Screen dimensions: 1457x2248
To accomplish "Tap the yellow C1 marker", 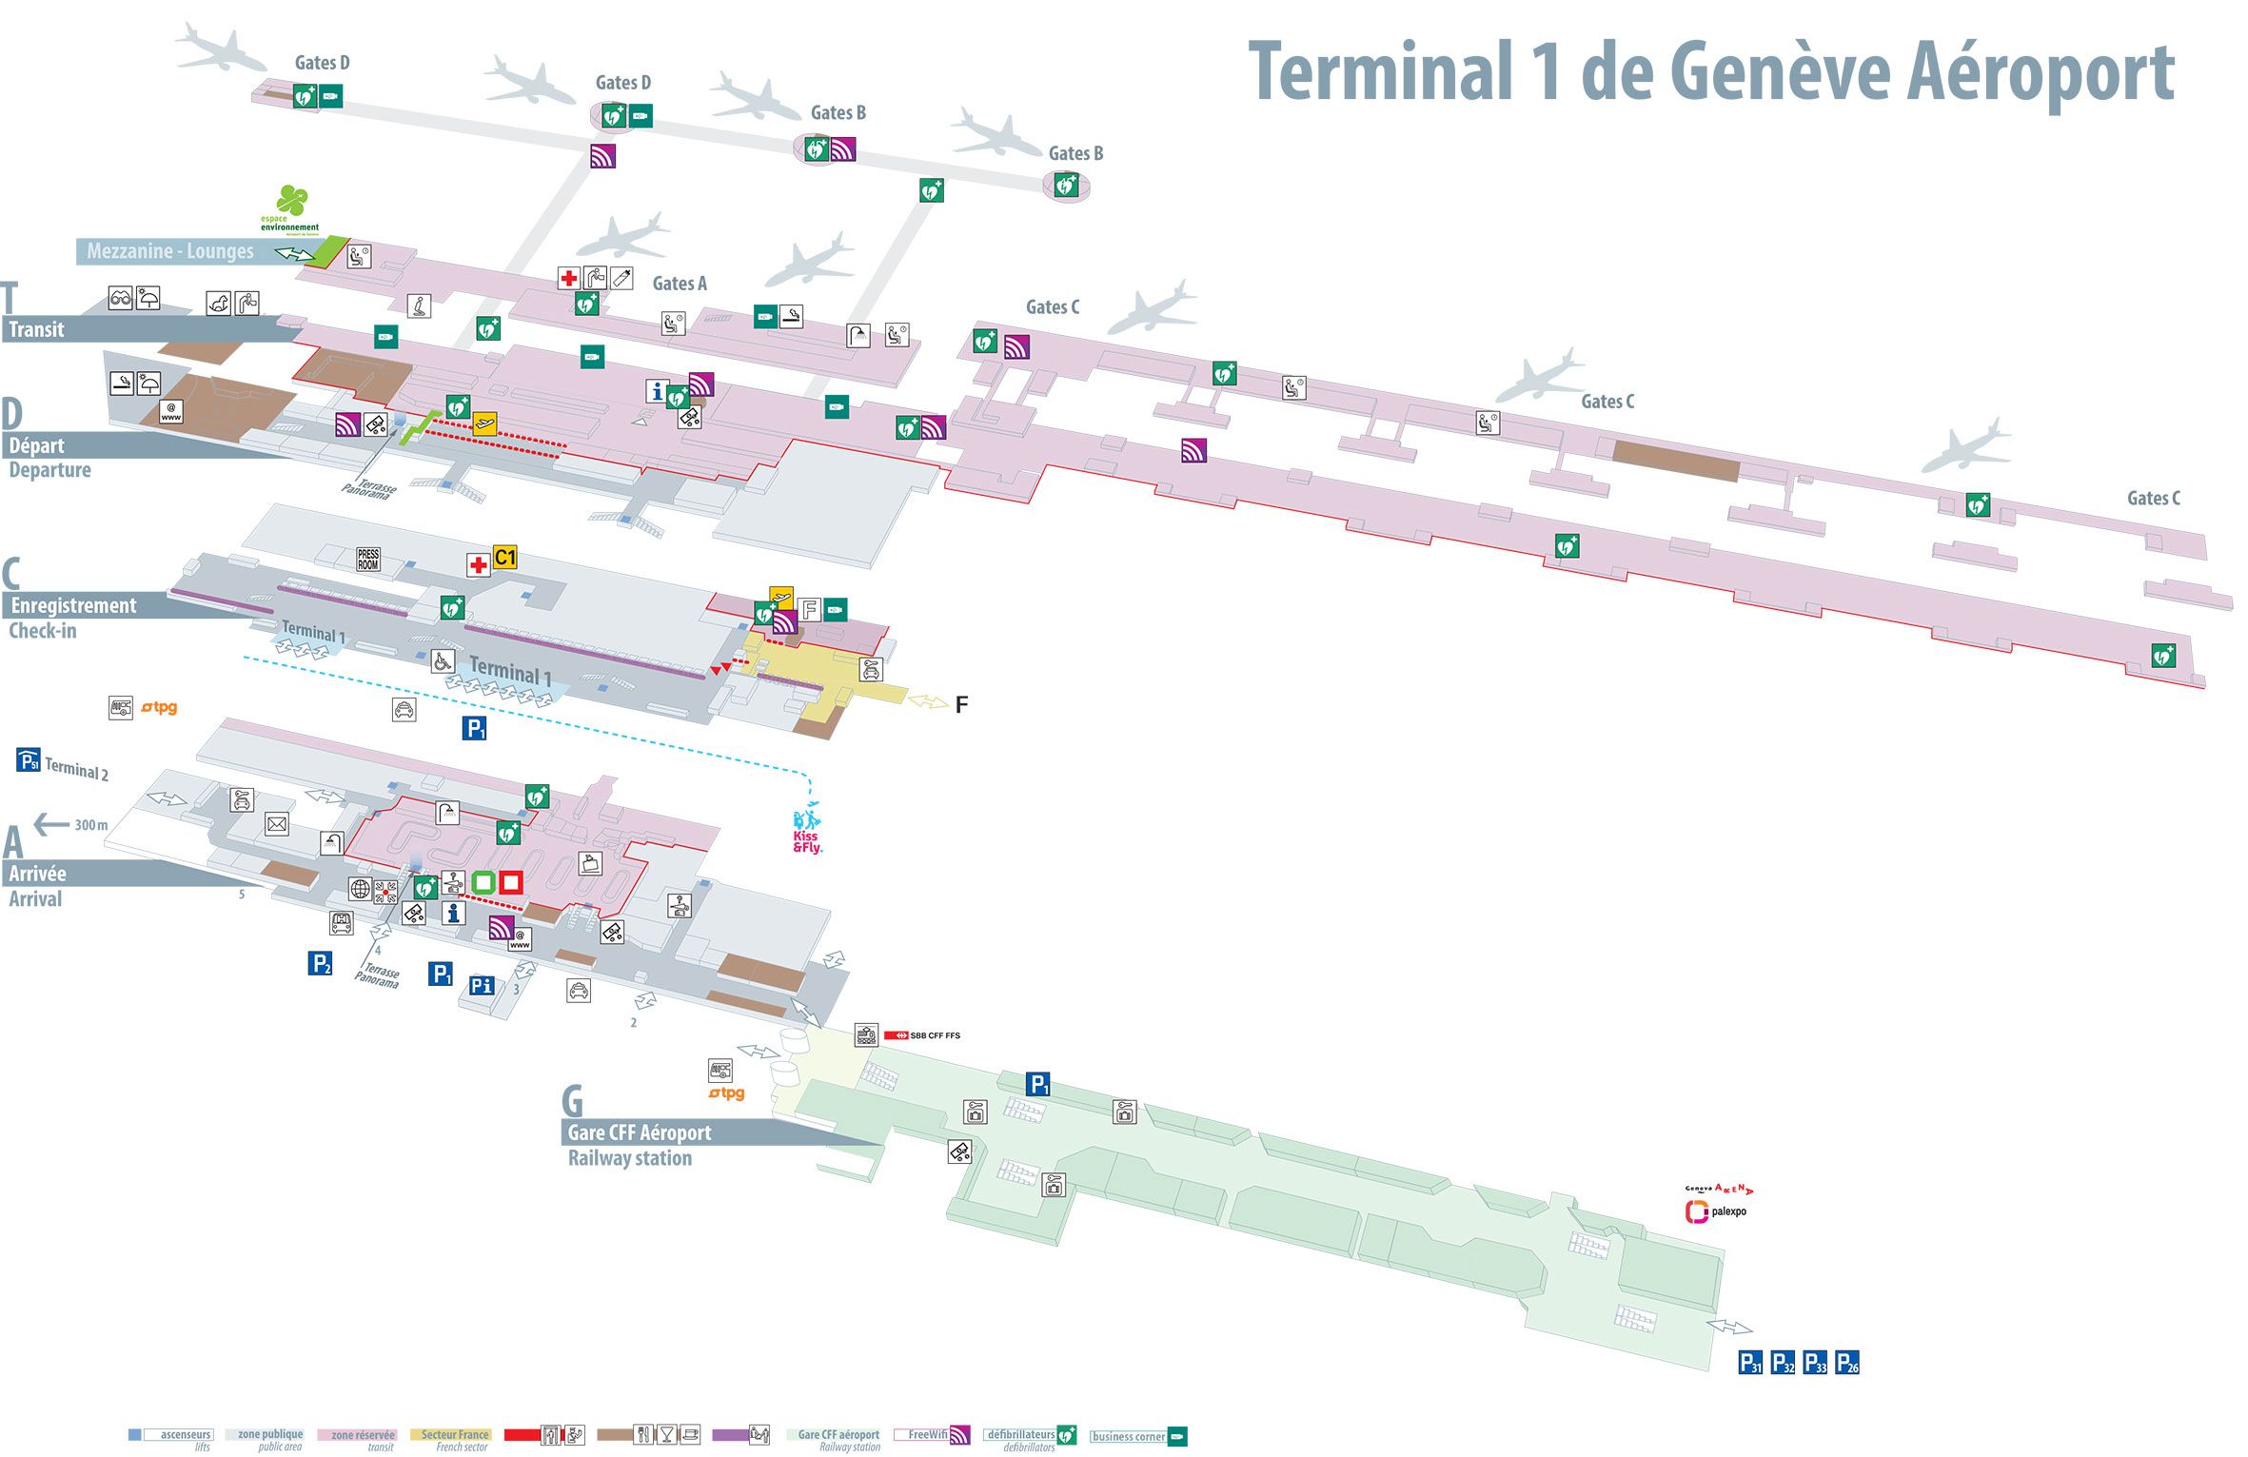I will click(504, 558).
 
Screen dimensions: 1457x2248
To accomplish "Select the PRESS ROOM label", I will click(368, 560).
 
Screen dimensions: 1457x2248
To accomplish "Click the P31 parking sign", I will click(1750, 1363).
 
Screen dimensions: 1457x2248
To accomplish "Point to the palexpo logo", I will click(1716, 1211).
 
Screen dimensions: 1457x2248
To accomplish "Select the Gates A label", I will click(680, 284).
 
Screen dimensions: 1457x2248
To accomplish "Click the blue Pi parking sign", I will click(483, 986).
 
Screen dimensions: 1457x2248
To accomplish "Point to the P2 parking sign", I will click(321, 963).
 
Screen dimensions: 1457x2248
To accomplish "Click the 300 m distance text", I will click(91, 825).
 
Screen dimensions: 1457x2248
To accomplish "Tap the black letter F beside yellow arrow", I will click(961, 705).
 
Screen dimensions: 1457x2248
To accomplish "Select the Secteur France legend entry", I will click(455, 1435).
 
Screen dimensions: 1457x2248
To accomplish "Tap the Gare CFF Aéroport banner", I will click(639, 1132).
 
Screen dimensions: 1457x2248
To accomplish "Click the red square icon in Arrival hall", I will click(511, 882).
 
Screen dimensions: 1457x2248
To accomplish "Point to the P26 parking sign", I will click(1847, 1363).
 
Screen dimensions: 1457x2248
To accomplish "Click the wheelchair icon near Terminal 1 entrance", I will click(442, 660).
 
